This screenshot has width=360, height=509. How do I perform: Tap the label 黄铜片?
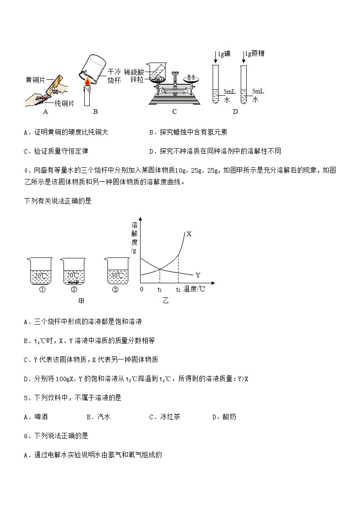(35, 80)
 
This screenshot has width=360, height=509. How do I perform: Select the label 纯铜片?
(64, 103)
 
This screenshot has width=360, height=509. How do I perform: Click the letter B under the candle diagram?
(95, 111)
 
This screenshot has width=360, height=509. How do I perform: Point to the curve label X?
(189, 234)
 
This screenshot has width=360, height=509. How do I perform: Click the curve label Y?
(198, 275)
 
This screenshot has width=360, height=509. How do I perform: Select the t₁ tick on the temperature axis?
(160, 289)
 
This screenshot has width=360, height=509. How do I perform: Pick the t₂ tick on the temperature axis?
(178, 289)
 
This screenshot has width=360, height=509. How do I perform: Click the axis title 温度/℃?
(195, 289)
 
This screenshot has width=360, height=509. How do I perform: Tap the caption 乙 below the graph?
(165, 301)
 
